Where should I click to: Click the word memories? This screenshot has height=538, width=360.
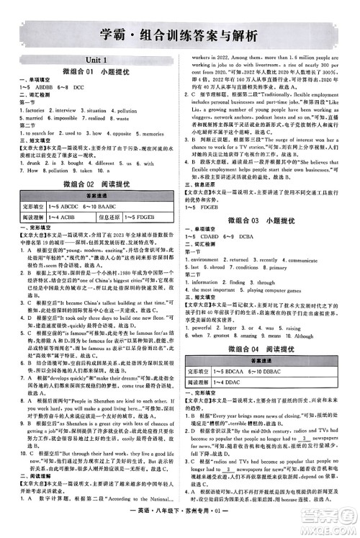click(159, 133)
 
